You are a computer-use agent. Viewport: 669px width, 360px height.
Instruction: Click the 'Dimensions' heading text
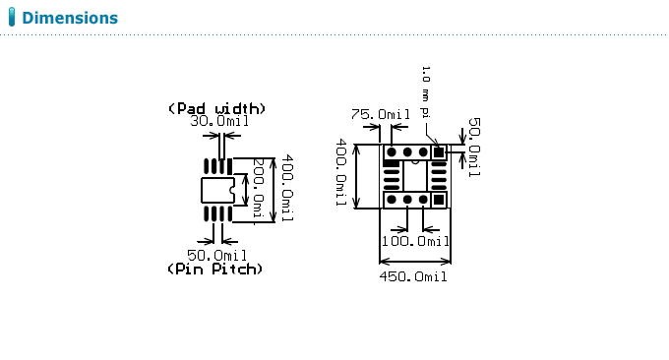click(69, 19)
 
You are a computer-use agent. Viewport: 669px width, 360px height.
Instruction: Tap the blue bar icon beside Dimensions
click(13, 19)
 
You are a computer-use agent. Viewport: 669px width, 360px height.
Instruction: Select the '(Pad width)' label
click(217, 107)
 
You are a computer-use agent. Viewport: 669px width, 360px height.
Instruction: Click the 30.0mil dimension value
click(219, 121)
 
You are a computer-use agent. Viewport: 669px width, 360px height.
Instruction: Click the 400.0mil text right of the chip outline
click(287, 188)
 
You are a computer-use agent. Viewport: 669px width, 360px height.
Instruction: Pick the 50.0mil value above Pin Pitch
click(217, 255)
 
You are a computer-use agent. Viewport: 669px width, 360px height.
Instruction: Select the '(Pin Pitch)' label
click(215, 269)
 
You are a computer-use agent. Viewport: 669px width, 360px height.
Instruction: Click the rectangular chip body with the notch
click(216, 189)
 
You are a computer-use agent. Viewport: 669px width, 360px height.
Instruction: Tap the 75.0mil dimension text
click(381, 115)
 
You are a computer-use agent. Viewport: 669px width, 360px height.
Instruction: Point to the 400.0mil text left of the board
click(341, 173)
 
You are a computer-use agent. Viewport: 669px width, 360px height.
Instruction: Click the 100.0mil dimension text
click(415, 241)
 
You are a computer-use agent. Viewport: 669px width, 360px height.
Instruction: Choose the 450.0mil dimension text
click(413, 276)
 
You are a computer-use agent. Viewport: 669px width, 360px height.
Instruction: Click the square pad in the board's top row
click(439, 152)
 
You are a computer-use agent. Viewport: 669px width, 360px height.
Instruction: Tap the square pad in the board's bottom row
click(439, 200)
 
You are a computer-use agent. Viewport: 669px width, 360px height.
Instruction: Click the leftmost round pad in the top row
click(392, 152)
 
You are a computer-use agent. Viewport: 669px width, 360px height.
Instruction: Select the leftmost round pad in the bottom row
click(392, 200)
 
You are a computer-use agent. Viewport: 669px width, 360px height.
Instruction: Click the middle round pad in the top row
click(407, 152)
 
